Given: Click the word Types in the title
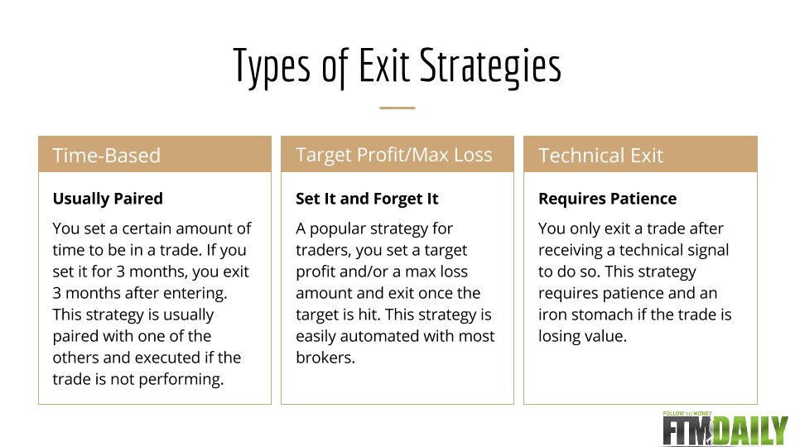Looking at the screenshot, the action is click(272, 67).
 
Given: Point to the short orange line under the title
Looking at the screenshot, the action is click(397, 108).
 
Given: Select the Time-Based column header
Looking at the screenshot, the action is click(107, 155).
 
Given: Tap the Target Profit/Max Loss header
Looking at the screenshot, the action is click(394, 155).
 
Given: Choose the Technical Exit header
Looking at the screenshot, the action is click(601, 155).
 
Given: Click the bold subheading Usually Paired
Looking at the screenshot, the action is click(108, 199).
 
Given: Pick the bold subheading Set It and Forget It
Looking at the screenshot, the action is click(367, 199).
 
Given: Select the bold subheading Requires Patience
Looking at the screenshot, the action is click(607, 199).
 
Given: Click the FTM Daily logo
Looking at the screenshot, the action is click(725, 428).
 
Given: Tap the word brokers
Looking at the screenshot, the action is click(325, 358).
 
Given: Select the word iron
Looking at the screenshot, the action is click(552, 315).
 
